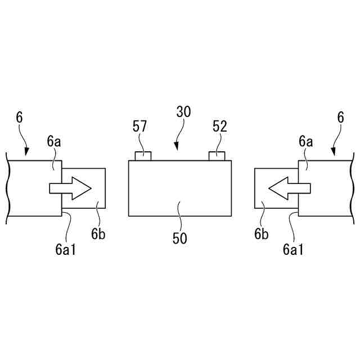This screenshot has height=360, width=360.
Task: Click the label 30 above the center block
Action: tap(183, 111)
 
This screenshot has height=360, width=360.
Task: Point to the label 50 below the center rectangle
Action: tap(180, 238)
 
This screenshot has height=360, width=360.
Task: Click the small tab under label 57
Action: tap(143, 156)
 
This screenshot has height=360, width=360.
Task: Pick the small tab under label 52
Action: tap(217, 156)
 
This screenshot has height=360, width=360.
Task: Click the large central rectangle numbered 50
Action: tap(180, 188)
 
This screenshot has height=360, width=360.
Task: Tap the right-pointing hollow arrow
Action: tap(70, 188)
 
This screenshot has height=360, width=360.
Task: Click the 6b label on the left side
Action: tap(100, 234)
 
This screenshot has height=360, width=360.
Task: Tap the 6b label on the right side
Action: tap(260, 234)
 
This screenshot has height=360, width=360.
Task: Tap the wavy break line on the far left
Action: tap(7, 188)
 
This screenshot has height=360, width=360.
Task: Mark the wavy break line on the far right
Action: tap(353, 188)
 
